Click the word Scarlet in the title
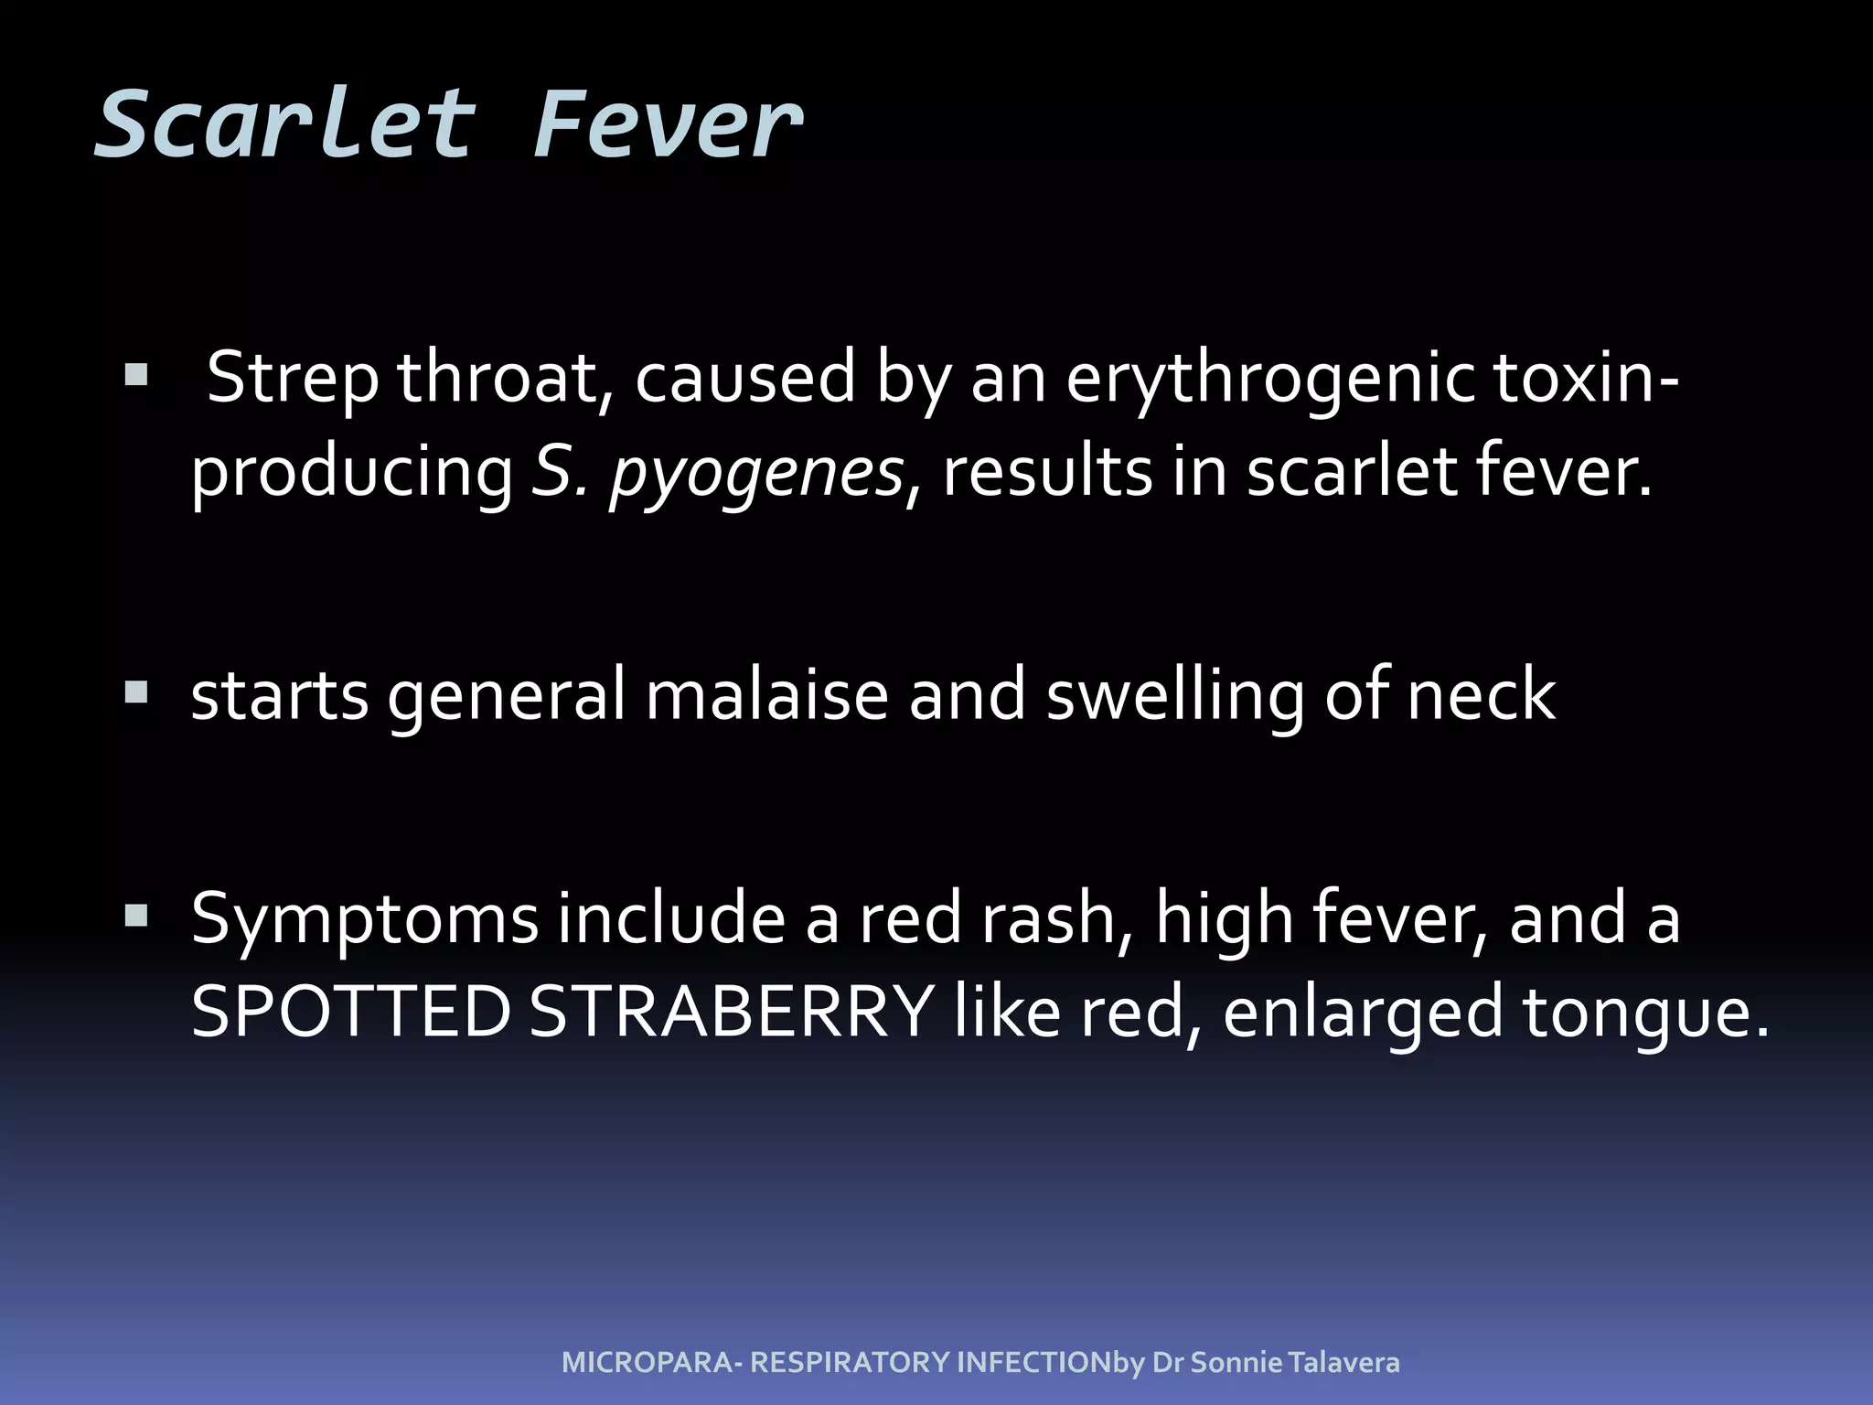(x=284, y=124)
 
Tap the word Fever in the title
(x=667, y=124)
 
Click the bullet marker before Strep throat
(x=136, y=375)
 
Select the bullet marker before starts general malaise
(x=136, y=692)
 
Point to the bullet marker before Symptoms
(x=136, y=916)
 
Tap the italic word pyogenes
(x=756, y=473)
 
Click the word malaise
(x=766, y=695)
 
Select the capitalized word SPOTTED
(x=350, y=1013)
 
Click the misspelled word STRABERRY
(x=731, y=1013)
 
